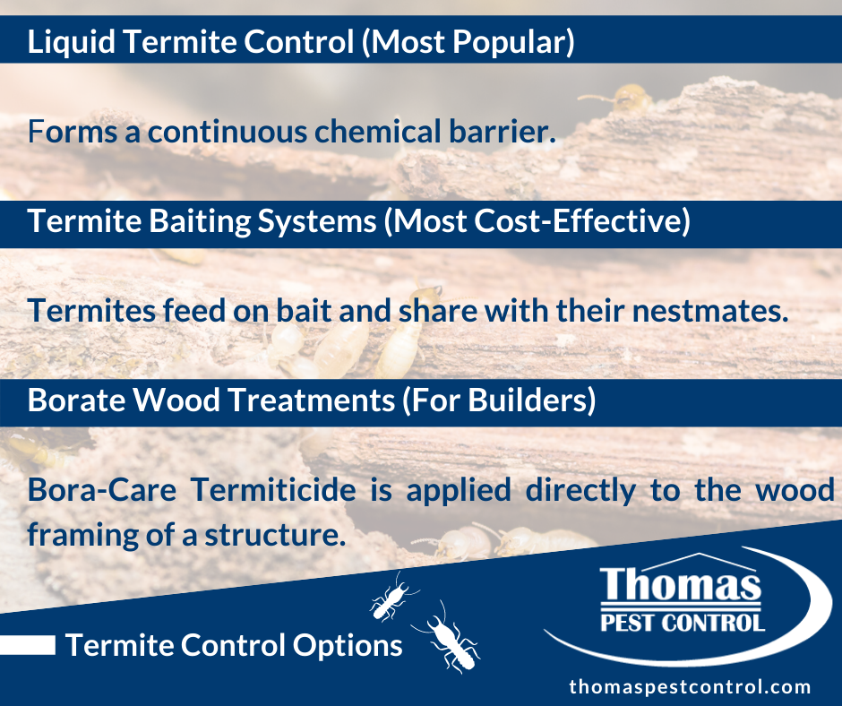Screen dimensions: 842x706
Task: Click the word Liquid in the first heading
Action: coord(71,42)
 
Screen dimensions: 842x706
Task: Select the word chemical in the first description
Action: coord(377,132)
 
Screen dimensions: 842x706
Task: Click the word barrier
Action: coord(503,132)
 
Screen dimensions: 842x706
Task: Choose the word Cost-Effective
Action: coord(582,221)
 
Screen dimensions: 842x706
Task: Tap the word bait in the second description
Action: coord(304,311)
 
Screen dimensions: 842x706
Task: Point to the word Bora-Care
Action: coord(101,490)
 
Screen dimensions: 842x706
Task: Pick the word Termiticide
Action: coord(273,490)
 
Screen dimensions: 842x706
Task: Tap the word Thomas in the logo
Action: coord(681,584)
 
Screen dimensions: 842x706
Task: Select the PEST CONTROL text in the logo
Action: coord(683,623)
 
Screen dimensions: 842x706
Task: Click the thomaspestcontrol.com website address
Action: coord(690,686)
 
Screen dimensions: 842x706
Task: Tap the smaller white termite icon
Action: coord(392,598)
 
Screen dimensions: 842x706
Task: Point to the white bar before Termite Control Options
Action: coord(28,645)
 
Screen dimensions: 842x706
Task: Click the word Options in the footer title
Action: coord(348,646)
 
